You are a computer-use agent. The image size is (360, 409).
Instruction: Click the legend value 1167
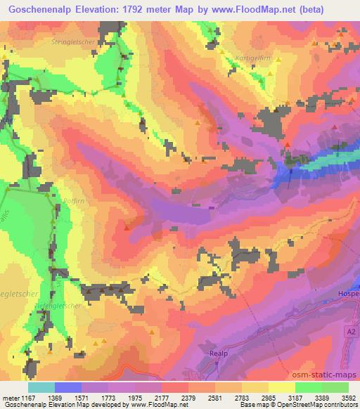tap(29, 398)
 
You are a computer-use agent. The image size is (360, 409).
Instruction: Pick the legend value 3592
tap(349, 398)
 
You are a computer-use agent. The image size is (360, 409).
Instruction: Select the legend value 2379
tap(188, 398)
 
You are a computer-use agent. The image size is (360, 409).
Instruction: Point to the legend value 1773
tap(108, 398)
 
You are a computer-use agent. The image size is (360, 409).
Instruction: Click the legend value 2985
tap(269, 398)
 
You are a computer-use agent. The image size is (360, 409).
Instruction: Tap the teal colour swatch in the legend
tap(41, 387)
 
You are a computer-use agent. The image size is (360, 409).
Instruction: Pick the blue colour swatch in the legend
tap(68, 387)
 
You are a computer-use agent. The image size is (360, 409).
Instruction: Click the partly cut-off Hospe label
tap(350, 292)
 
